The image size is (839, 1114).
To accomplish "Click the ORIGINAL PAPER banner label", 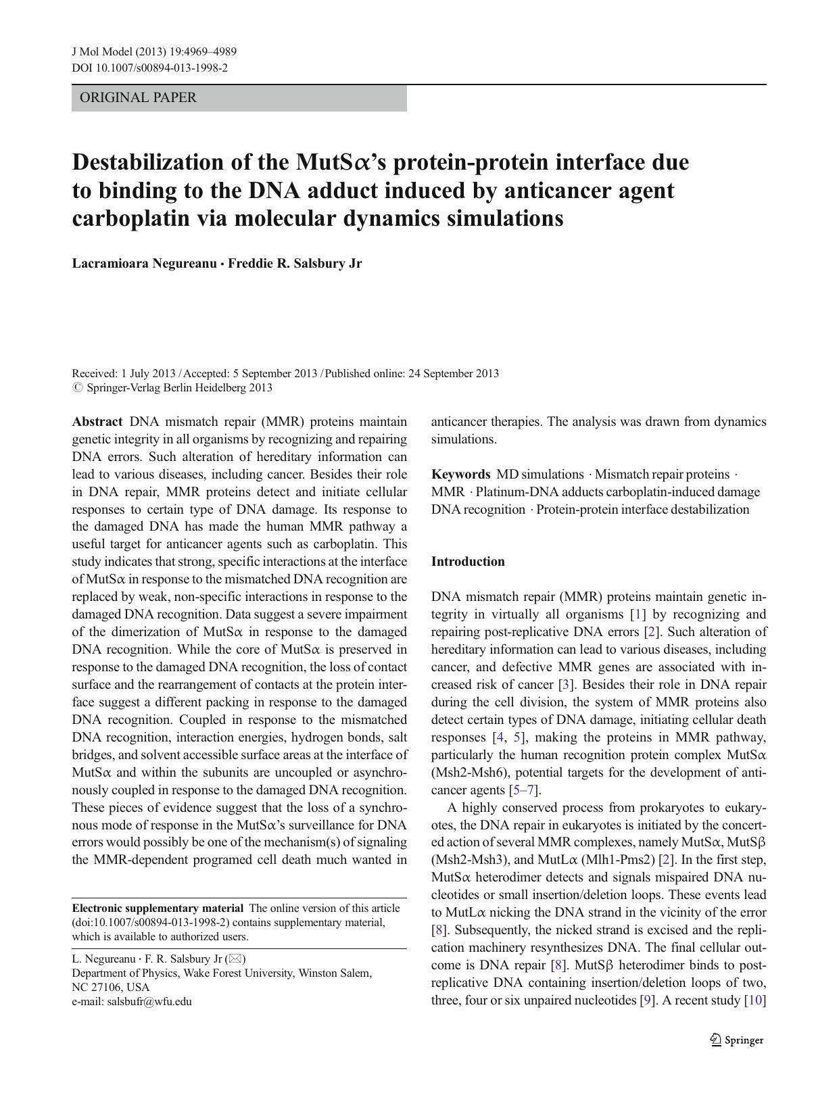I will coord(138,97).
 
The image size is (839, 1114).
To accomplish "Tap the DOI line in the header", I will coord(149,68).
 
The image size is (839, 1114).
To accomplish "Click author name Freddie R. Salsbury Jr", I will coord(295,264).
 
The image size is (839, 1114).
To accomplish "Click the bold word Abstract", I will coord(97,421).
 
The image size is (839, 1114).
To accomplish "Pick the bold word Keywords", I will coord(460,474).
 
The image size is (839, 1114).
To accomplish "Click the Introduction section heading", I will coord(468,562).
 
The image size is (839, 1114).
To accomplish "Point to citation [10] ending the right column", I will coord(754,1000).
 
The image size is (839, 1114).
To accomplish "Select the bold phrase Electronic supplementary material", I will coord(158,909).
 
